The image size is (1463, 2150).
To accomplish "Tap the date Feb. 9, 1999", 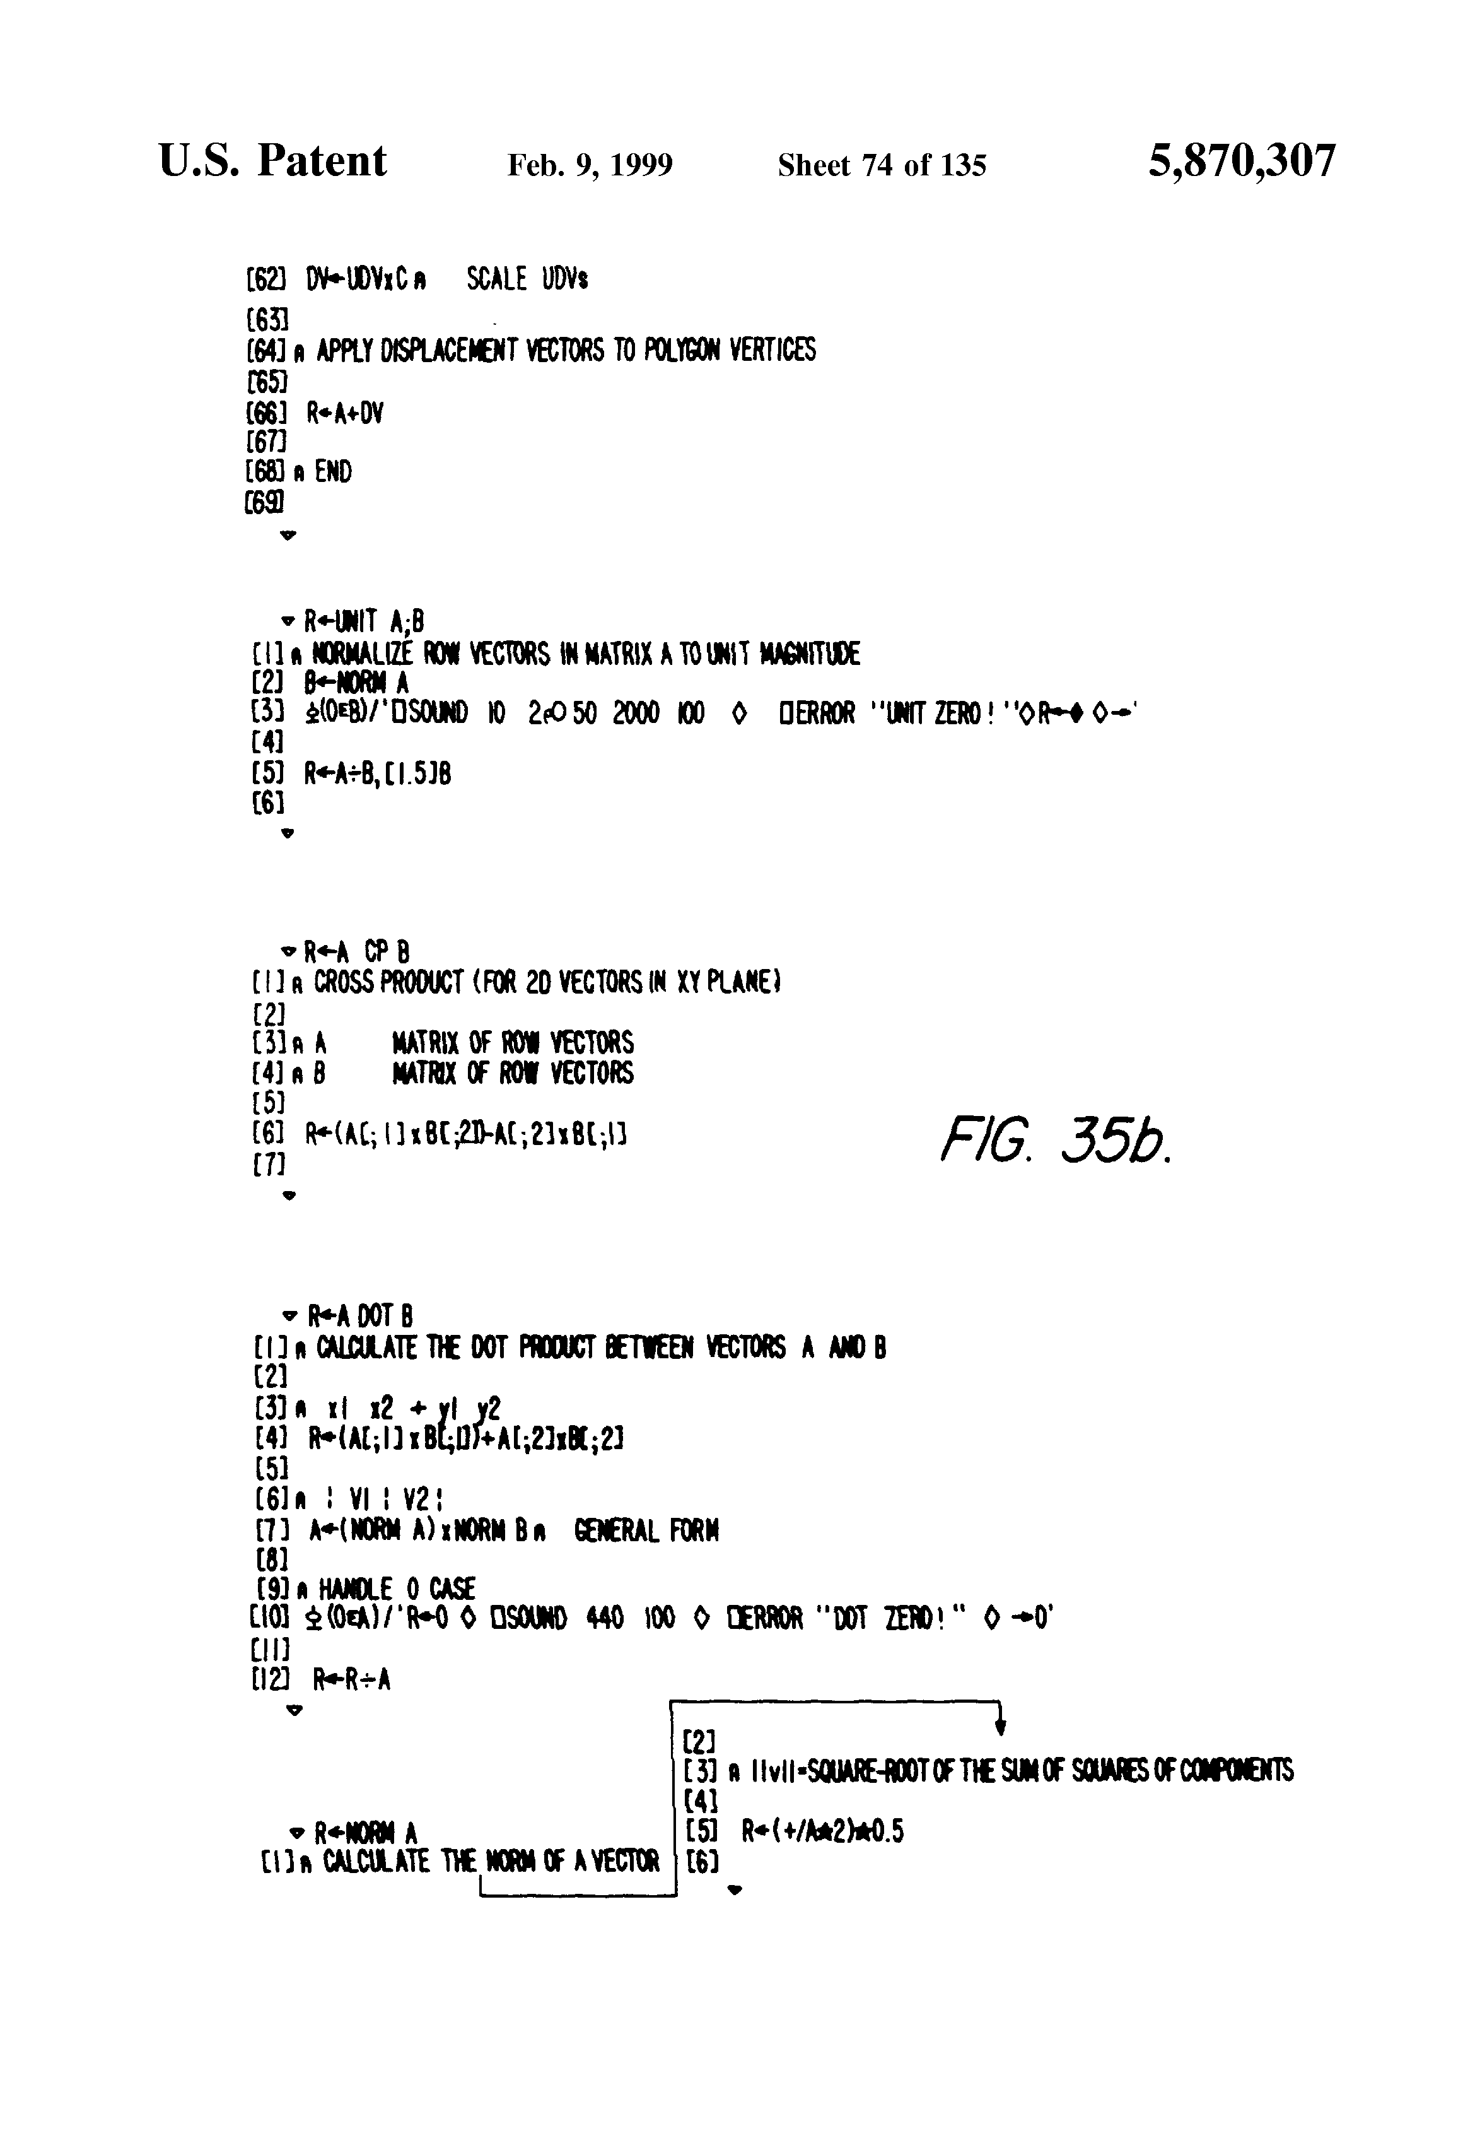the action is [x=590, y=165].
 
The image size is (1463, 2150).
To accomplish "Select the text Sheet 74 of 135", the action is [x=882, y=165].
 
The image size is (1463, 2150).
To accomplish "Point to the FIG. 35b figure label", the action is [x=1055, y=1144].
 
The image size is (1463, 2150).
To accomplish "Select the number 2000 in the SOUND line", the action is [x=635, y=714].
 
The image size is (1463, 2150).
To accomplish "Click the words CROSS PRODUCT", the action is [x=388, y=982].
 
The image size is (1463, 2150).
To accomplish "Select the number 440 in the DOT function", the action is [x=605, y=1618].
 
